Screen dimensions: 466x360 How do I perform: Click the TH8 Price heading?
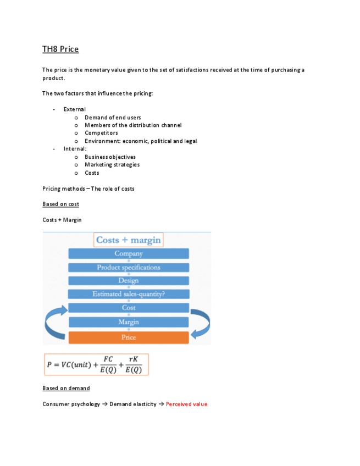pyautogui.click(x=60, y=49)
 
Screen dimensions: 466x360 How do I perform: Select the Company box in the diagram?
pyautogui.click(x=129, y=254)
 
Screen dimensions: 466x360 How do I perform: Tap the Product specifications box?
pyautogui.click(x=129, y=268)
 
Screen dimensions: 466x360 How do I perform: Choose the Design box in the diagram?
pyautogui.click(x=129, y=281)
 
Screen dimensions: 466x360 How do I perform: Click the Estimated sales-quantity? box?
pyautogui.click(x=129, y=294)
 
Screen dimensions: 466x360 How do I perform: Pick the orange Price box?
pyautogui.click(x=129, y=337)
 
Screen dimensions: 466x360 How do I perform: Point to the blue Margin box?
pyautogui.click(x=129, y=322)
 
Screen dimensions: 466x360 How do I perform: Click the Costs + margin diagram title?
pyautogui.click(x=129, y=240)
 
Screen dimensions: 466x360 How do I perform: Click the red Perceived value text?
pyautogui.click(x=186, y=404)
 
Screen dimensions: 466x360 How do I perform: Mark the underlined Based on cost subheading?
pyautogui.click(x=60, y=204)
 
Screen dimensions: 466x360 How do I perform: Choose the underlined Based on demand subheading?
pyautogui.click(x=66, y=389)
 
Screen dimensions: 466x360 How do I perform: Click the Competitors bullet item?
pyautogui.click(x=101, y=133)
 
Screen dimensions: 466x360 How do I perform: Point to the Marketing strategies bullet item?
pyautogui.click(x=112, y=165)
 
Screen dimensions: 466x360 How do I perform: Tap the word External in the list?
pyautogui.click(x=74, y=109)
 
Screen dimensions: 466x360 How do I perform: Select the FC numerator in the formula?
pyautogui.click(x=108, y=359)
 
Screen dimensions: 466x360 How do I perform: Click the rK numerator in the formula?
pyautogui.click(x=133, y=359)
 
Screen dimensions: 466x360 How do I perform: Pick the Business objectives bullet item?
pyautogui.click(x=110, y=157)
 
